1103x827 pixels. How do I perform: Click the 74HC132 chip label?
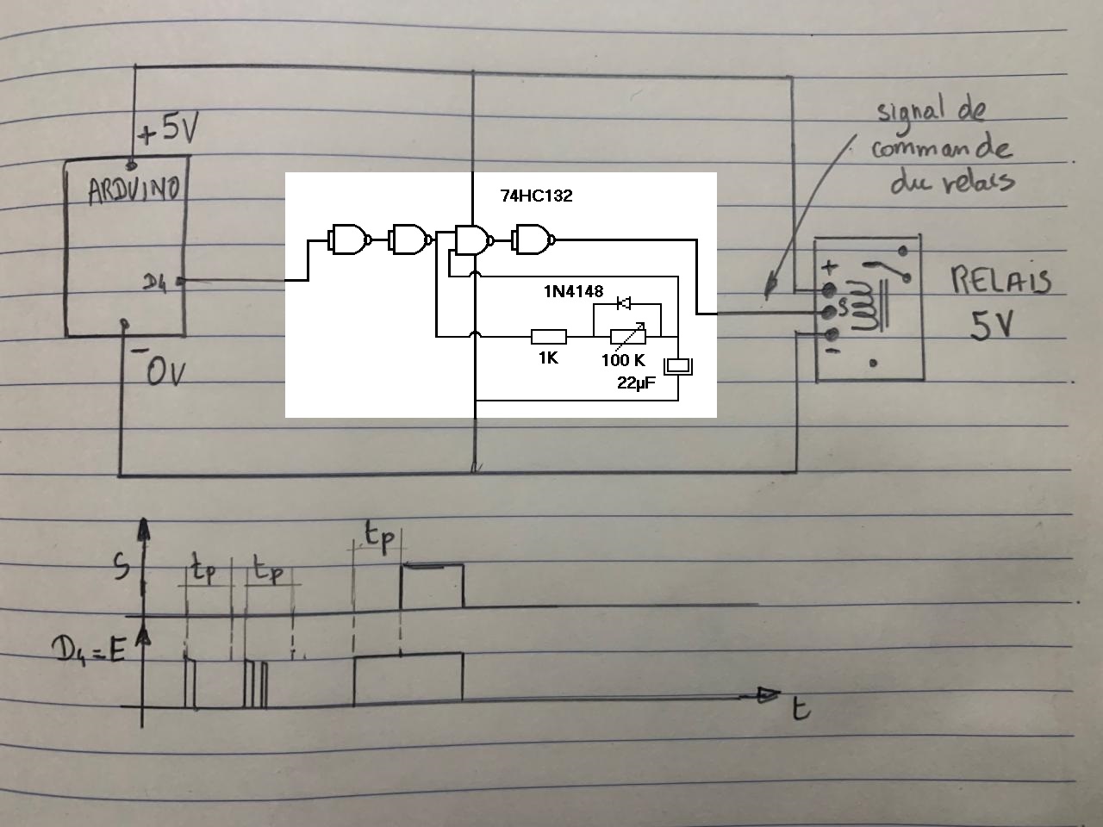536,196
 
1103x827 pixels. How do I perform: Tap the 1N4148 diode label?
573,292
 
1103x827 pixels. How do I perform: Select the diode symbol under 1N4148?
624,303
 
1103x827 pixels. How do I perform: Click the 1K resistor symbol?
548,336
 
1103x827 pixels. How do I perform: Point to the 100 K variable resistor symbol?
627,336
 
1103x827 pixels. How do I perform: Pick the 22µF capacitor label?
636,383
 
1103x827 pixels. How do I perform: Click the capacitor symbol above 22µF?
680,366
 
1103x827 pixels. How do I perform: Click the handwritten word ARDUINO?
134,189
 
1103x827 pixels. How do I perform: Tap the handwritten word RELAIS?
1000,281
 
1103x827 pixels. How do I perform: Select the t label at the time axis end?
801,708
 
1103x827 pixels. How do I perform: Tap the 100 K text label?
622,360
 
